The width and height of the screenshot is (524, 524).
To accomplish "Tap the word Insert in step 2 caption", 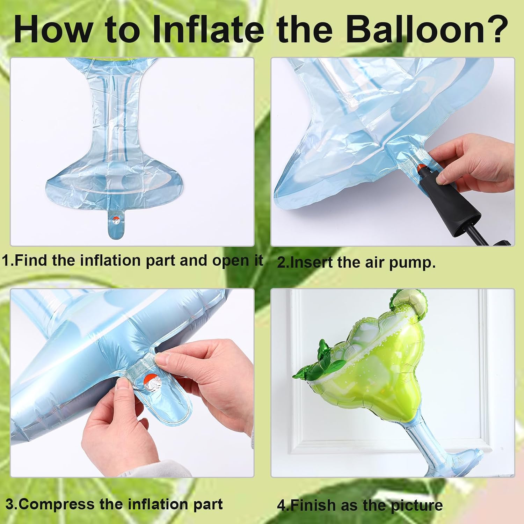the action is click(311, 262).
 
